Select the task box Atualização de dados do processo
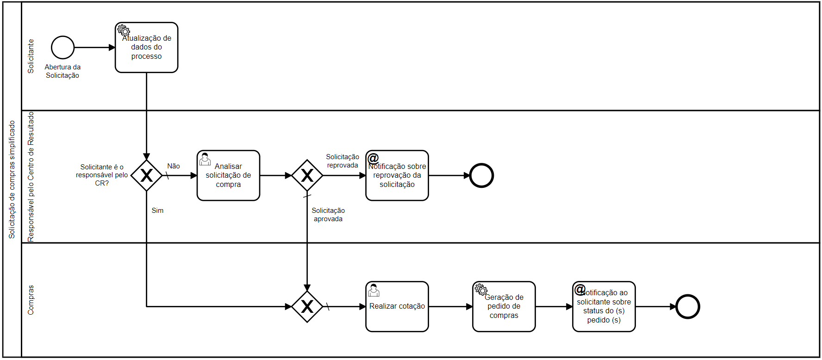(x=146, y=48)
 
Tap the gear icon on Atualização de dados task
(x=124, y=30)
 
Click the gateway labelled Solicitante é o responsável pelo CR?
(x=146, y=175)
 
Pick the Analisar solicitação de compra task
(x=228, y=175)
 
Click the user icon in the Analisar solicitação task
(x=205, y=159)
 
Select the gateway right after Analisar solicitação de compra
(x=307, y=175)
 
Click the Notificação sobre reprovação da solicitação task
(x=397, y=175)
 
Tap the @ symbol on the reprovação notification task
(x=373, y=158)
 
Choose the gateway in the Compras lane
(x=307, y=306)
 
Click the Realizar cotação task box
(x=397, y=306)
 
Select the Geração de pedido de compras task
(x=504, y=306)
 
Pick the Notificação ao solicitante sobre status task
(x=604, y=306)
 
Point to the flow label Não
(x=174, y=166)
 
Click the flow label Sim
(x=157, y=211)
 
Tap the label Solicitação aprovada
(x=328, y=215)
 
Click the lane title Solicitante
(x=31, y=56)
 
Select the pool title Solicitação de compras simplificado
(x=12, y=180)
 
